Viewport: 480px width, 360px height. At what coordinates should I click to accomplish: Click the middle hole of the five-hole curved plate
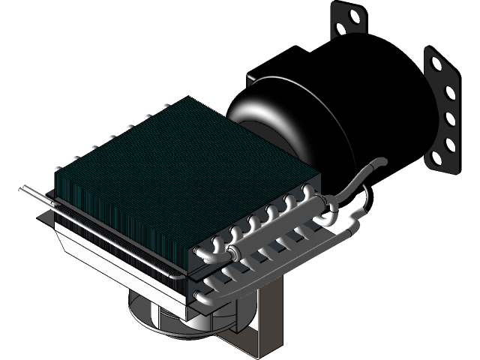point(449,118)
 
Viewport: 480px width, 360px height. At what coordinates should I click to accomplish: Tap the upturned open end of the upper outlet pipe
point(380,160)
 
